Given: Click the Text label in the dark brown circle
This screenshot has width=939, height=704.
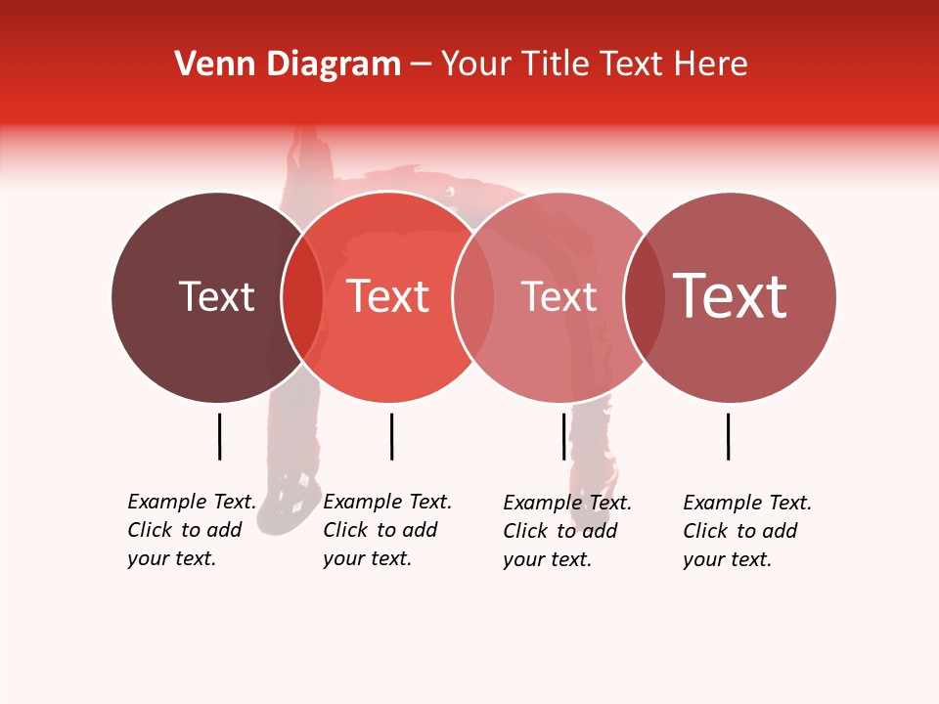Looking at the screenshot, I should (x=216, y=296).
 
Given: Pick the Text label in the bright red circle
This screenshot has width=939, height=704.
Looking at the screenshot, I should (x=388, y=296).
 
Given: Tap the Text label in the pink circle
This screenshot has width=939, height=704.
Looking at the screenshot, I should (x=559, y=296).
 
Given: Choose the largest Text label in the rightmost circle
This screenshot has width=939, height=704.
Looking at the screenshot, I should (x=731, y=296).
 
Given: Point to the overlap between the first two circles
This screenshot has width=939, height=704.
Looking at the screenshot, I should (x=302, y=296).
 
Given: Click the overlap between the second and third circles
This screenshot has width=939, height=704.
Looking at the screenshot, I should (x=473, y=296).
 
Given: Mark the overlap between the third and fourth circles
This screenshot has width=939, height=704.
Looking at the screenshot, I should (x=644, y=296).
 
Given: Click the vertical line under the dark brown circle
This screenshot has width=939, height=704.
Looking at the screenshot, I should (x=219, y=436).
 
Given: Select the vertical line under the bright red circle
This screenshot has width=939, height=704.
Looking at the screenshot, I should (x=391, y=436).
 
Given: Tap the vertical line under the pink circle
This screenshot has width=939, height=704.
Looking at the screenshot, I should (x=563, y=436).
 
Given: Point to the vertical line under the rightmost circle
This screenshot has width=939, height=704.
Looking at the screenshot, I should (x=728, y=436).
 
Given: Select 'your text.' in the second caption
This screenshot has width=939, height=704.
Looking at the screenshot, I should (x=367, y=558).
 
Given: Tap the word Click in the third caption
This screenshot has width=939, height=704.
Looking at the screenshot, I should (x=525, y=531).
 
